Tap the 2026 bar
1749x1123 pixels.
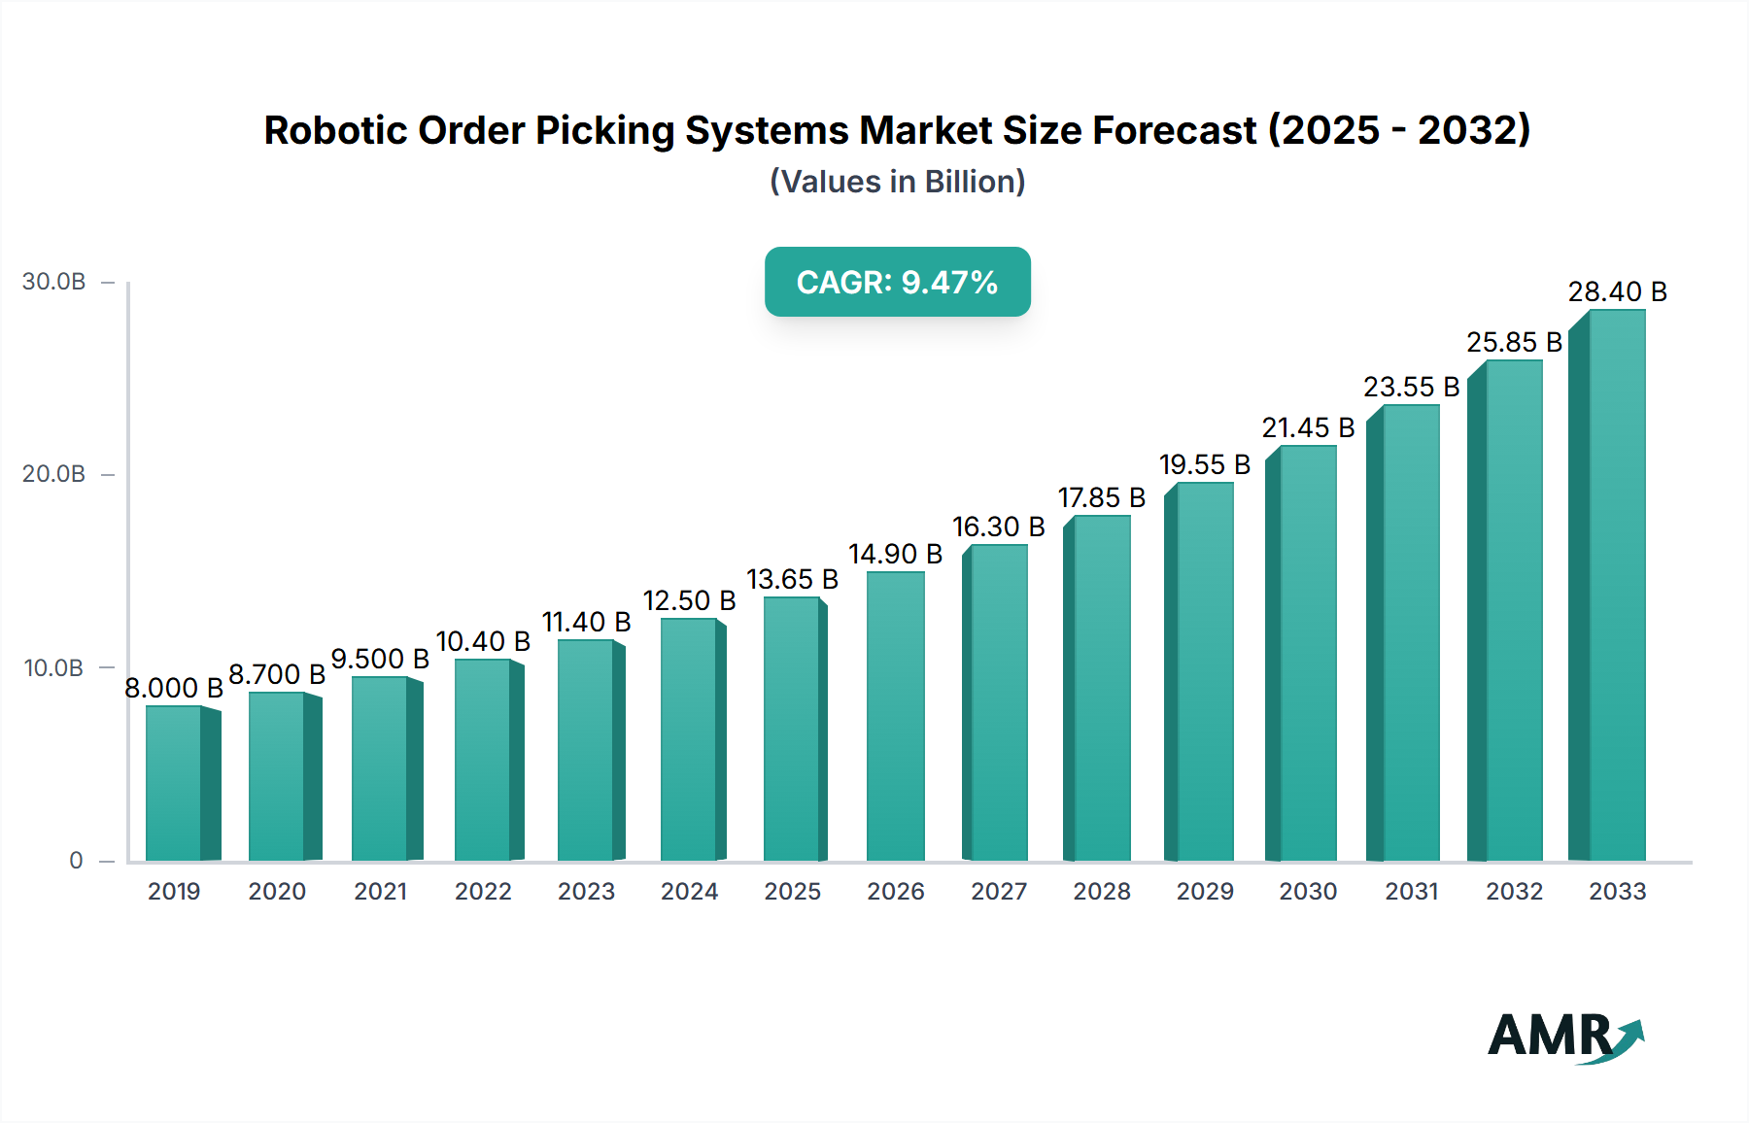coord(895,716)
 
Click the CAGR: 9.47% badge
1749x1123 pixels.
coord(897,282)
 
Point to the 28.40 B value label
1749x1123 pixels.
coord(1617,291)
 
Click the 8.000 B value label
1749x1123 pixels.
coord(174,688)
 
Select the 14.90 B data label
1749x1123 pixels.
coord(895,554)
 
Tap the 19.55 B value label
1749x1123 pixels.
coord(1204,464)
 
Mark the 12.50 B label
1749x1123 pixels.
coord(689,600)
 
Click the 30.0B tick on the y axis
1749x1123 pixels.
coord(54,282)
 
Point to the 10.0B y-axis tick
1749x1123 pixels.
coord(54,667)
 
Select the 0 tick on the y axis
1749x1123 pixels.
coord(76,860)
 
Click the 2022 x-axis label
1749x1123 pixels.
coord(483,891)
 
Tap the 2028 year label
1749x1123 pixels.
coord(1101,891)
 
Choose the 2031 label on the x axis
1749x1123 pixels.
coord(1411,891)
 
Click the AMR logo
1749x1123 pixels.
coord(1564,1037)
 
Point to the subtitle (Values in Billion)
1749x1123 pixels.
coord(897,182)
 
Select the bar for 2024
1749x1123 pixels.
coord(689,739)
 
